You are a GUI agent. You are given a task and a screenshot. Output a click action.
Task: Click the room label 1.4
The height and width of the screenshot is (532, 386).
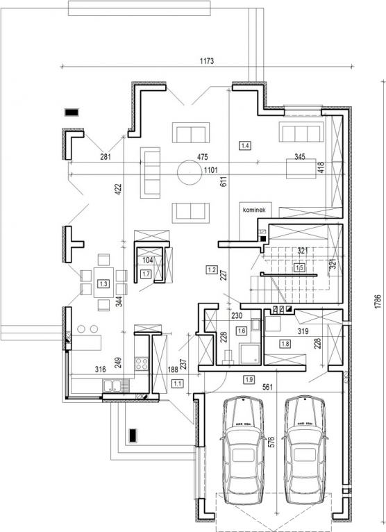tap(245, 146)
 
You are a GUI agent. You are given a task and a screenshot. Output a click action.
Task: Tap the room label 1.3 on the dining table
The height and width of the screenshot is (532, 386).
tap(103, 283)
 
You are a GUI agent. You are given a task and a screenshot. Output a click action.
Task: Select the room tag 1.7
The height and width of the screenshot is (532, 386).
tap(146, 274)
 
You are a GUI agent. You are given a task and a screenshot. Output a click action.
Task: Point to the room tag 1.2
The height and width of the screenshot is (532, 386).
tap(212, 270)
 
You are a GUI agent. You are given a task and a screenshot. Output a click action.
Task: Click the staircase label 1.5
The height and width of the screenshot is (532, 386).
tap(299, 267)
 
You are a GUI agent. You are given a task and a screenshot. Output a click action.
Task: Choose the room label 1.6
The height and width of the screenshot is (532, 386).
tap(242, 331)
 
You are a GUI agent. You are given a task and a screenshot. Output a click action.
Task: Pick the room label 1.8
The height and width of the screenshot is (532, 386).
tap(285, 344)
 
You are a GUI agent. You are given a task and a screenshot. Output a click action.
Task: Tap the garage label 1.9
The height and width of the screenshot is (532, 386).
tap(249, 380)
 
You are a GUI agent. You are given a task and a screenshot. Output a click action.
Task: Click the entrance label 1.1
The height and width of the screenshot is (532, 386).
tap(178, 384)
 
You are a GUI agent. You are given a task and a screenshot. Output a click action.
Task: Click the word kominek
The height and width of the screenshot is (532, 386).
tap(254, 210)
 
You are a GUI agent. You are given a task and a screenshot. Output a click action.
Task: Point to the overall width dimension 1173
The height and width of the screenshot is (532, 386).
tap(207, 61)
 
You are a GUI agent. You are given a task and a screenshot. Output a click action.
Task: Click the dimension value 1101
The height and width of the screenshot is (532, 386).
tap(210, 170)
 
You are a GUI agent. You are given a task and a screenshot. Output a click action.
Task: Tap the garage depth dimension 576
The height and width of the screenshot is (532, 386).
tap(271, 442)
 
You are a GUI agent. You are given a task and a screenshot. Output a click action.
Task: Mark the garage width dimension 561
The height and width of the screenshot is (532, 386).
tap(267, 386)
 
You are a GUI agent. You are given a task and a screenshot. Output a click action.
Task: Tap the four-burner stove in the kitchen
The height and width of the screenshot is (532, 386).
tap(142, 364)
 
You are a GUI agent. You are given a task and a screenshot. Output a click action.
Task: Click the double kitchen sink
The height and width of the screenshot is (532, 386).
tap(116, 385)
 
